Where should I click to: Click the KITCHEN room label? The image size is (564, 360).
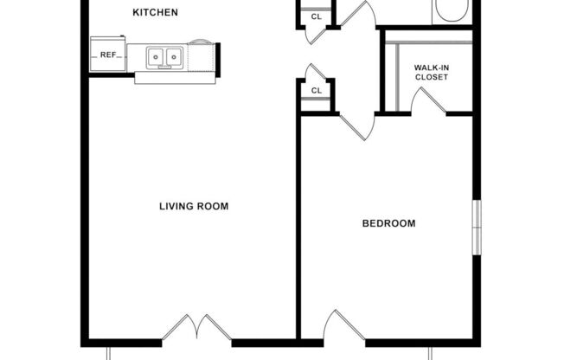pyautogui.click(x=156, y=12)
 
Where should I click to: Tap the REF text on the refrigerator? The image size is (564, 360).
pyautogui.click(x=108, y=55)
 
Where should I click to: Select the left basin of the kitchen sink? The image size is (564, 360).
pyautogui.click(x=157, y=57)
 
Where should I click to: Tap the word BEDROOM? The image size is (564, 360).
pyautogui.click(x=388, y=223)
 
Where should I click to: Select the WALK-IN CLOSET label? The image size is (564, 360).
pyautogui.click(x=432, y=71)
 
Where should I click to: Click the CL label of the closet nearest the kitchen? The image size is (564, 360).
pyautogui.click(x=317, y=16)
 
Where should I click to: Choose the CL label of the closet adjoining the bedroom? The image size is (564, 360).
pyautogui.click(x=317, y=90)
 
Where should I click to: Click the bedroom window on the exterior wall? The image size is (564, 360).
pyautogui.click(x=475, y=228)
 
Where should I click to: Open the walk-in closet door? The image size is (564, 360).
pyautogui.click(x=429, y=100)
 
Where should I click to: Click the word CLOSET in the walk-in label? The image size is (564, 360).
pyautogui.click(x=432, y=77)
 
